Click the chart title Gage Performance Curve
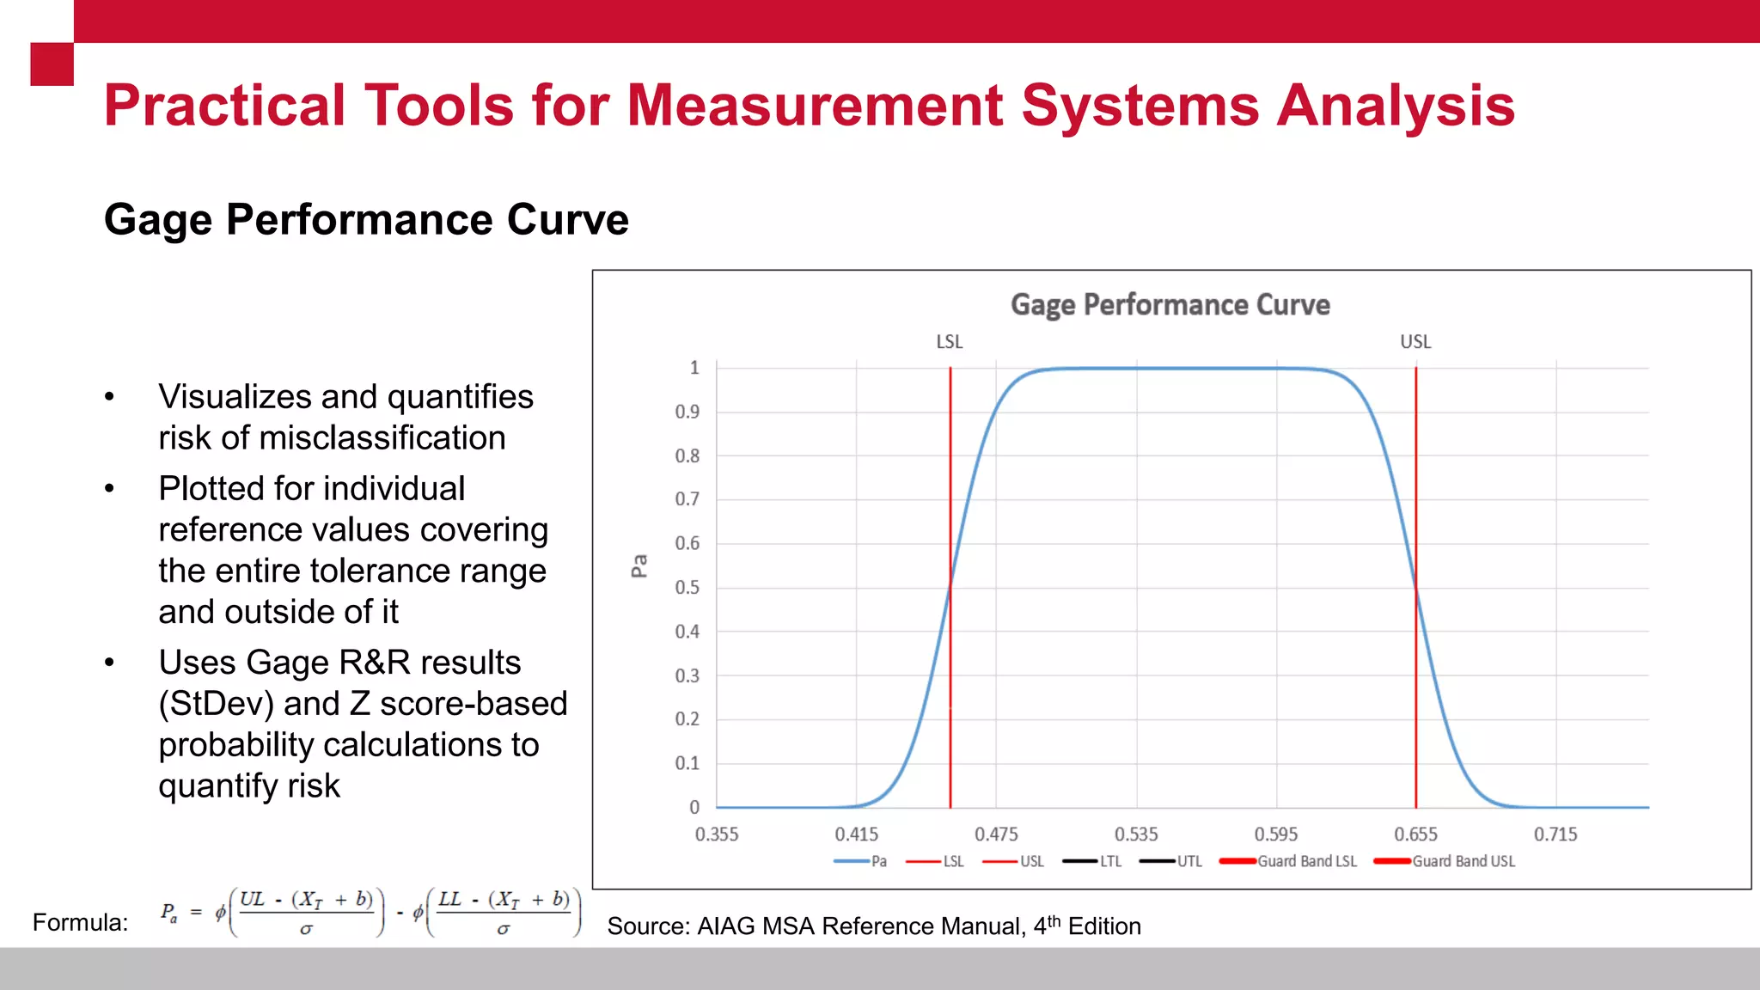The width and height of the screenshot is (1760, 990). [x=1170, y=305]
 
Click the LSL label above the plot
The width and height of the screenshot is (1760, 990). [x=949, y=342]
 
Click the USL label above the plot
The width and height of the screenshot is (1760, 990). [x=1415, y=342]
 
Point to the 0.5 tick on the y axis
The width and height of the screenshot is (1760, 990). [x=687, y=588]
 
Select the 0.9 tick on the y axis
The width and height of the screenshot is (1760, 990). [x=687, y=412]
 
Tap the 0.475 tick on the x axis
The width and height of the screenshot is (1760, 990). [x=996, y=834]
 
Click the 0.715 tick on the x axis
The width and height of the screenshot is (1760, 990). [x=1555, y=834]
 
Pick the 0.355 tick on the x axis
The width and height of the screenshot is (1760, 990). [x=717, y=834]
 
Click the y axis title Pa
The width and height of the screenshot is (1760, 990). [x=639, y=565]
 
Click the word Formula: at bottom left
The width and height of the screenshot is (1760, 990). [x=80, y=923]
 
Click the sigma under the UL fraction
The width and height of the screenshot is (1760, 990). [x=306, y=929]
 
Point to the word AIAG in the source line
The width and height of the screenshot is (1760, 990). [x=726, y=926]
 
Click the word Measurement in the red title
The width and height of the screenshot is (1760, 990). [x=815, y=106]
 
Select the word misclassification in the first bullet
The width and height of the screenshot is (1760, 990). [x=382, y=438]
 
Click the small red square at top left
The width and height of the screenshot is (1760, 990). [x=52, y=64]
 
